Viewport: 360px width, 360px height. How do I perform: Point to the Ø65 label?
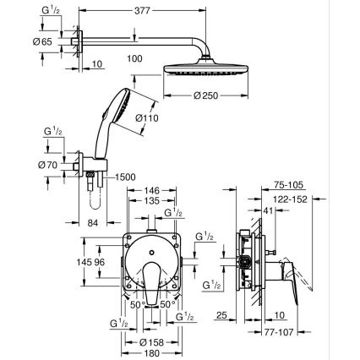tap(25, 40)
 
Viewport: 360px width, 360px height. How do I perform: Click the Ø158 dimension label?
tap(152, 342)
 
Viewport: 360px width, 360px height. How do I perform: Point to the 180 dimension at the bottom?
tap(152, 353)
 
